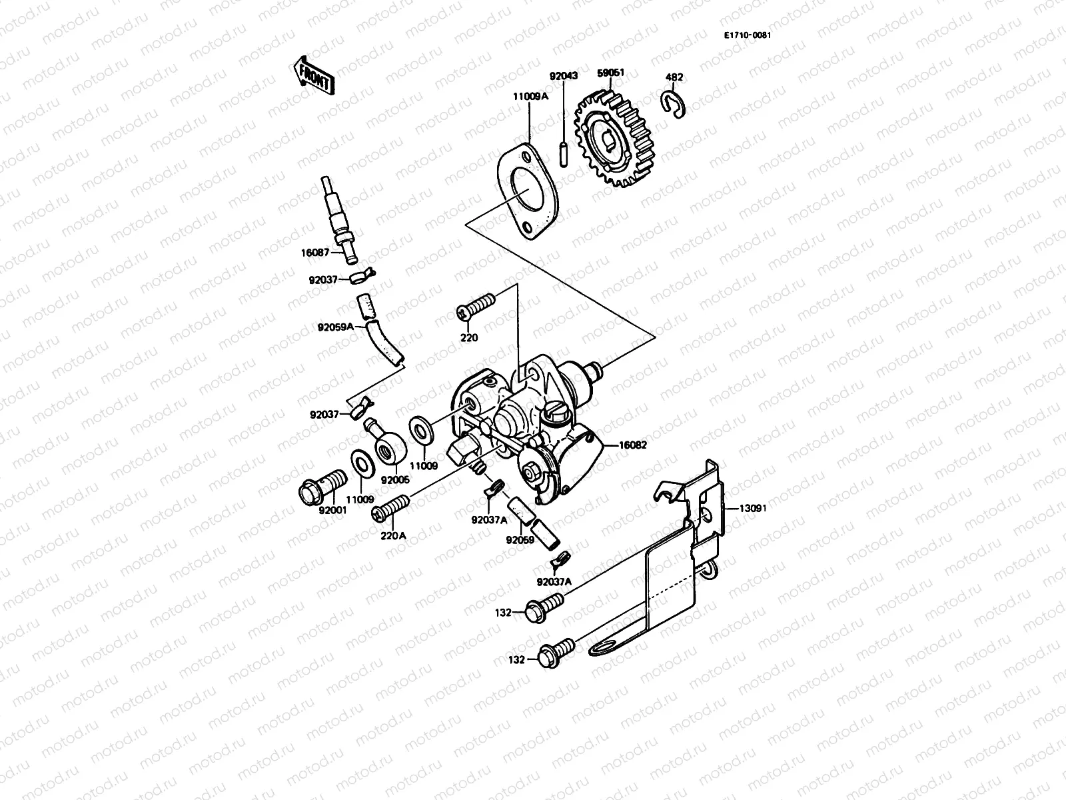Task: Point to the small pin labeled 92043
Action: point(564,153)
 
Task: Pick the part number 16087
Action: point(315,253)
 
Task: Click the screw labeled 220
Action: point(477,309)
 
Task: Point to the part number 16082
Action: point(634,445)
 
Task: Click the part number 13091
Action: point(753,507)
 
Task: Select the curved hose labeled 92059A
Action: point(388,343)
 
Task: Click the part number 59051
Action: point(611,73)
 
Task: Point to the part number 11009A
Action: point(530,96)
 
